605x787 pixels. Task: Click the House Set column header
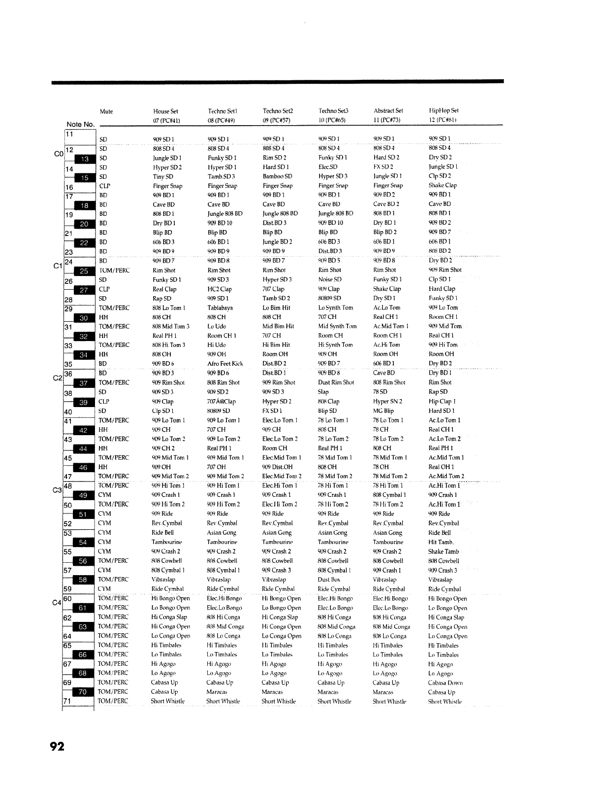[165, 111]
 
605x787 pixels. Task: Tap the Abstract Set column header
[388, 111]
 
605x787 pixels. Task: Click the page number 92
[57, 747]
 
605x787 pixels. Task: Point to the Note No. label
[80, 124]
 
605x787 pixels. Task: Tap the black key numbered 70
[83, 692]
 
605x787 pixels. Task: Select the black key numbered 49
[83, 495]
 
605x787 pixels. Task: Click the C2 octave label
[57, 378]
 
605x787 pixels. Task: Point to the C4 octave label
[57, 602]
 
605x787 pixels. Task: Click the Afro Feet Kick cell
[225, 364]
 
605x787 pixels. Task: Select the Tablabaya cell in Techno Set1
[220, 308]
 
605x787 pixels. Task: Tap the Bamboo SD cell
[277, 176]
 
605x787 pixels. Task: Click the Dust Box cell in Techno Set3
[329, 580]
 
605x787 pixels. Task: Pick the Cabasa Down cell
[445, 683]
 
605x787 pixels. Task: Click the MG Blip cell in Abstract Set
[383, 411]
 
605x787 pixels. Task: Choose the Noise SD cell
[329, 279]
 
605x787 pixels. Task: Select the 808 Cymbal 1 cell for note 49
[389, 495]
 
